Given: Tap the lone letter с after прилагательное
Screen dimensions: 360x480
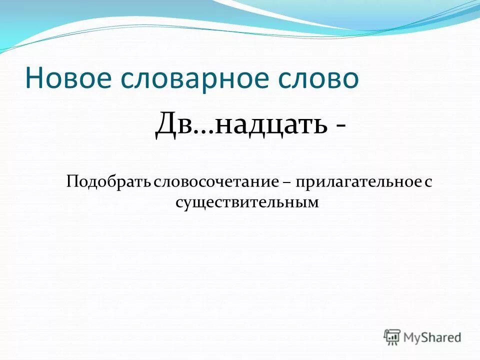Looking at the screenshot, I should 428,182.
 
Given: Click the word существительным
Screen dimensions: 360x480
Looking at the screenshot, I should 247,202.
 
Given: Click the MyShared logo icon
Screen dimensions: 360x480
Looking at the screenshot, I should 392,337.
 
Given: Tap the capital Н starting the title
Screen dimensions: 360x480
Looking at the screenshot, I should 34,79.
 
